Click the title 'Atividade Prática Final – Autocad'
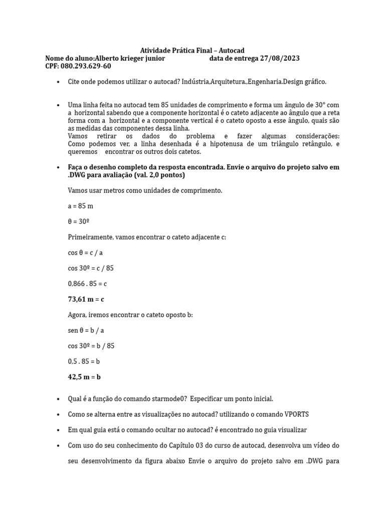pos(192,51)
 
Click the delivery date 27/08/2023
pos(280,59)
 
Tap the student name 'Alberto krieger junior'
pos(130,59)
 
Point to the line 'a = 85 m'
pos(80,206)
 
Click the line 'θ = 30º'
pos(79,221)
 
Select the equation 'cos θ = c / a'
pos(85,252)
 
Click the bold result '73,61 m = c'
pos(86,299)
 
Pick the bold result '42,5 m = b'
pos(84,377)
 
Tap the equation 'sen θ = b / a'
pos(85,330)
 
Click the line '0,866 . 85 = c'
pos(87,284)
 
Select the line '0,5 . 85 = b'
pos(83,361)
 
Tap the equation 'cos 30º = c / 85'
pos(91,268)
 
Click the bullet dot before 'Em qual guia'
pos(59,430)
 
